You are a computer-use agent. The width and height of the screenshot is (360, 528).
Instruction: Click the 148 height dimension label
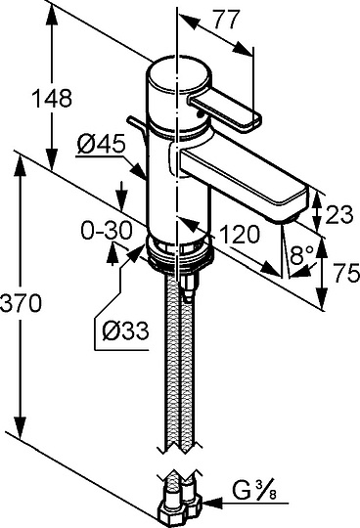click(52, 99)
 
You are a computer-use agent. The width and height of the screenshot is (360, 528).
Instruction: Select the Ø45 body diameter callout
click(101, 145)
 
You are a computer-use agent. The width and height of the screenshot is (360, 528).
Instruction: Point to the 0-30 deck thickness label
click(106, 231)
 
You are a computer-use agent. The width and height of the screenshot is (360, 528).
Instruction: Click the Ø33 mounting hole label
click(125, 330)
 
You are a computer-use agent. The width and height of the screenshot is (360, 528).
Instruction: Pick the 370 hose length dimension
click(21, 303)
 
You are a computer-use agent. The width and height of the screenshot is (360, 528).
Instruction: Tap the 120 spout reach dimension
click(240, 234)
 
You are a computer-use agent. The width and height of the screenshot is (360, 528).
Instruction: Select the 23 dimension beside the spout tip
click(339, 214)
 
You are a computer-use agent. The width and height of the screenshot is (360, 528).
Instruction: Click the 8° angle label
click(301, 255)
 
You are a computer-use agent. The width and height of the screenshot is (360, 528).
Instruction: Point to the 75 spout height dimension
click(347, 273)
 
